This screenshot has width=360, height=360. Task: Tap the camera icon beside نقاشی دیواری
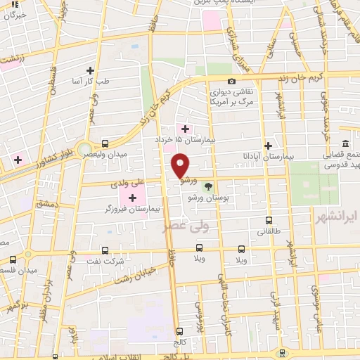click(232, 81)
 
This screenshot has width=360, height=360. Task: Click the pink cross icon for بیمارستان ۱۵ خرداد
click(185, 129)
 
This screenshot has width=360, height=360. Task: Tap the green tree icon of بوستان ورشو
click(208, 186)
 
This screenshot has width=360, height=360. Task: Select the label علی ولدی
click(127, 184)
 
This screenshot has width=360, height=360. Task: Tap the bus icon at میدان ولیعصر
click(105, 143)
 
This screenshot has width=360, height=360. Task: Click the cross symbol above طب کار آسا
click(90, 70)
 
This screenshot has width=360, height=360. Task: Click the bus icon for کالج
click(180, 330)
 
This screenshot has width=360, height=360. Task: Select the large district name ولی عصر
click(167, 227)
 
